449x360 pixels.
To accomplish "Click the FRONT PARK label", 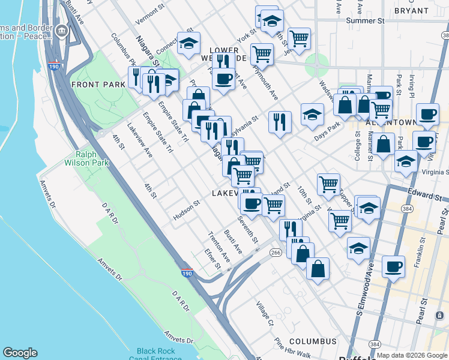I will click(x=98, y=85).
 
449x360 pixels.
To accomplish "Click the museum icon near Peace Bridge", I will click(x=62, y=31).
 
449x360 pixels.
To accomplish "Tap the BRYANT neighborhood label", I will click(x=412, y=11).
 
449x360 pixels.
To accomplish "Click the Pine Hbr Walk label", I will click(x=292, y=350).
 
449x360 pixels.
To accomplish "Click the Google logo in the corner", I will click(x=20, y=353).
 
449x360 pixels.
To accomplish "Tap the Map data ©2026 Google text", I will click(x=412, y=355).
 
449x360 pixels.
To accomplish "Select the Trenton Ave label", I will click(x=219, y=247).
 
